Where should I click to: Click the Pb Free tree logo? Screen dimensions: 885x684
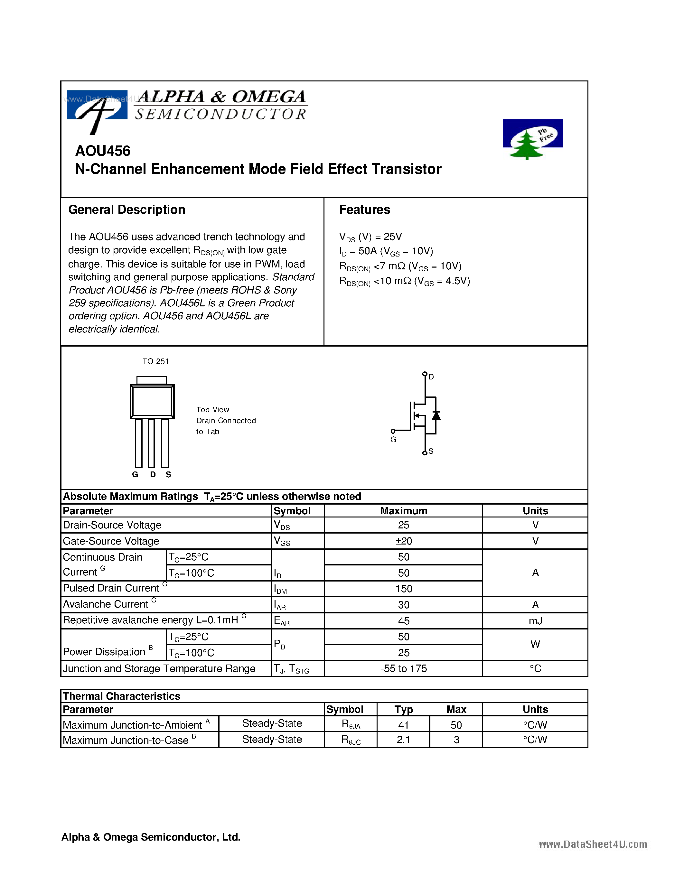[x=532, y=139]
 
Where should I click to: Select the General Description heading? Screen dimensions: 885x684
[x=126, y=210]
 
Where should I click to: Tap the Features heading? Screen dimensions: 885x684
[x=364, y=210]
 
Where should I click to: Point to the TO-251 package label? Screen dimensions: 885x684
[x=155, y=361]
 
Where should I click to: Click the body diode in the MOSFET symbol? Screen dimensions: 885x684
[x=436, y=416]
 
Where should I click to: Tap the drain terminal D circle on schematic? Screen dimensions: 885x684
[x=425, y=374]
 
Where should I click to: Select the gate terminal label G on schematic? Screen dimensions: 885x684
[x=393, y=440]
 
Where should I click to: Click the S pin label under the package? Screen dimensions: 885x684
[x=168, y=474]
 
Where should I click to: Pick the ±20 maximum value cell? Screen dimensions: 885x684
[x=403, y=541]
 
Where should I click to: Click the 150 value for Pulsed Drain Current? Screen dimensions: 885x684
[x=403, y=589]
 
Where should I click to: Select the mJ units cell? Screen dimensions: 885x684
[x=535, y=621]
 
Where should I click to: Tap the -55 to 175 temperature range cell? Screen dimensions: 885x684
[x=403, y=669]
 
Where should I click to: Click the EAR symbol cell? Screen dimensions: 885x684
[x=282, y=621]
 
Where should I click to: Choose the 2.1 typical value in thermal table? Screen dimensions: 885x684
[x=403, y=740]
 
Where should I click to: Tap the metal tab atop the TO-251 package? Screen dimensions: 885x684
[x=152, y=380]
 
